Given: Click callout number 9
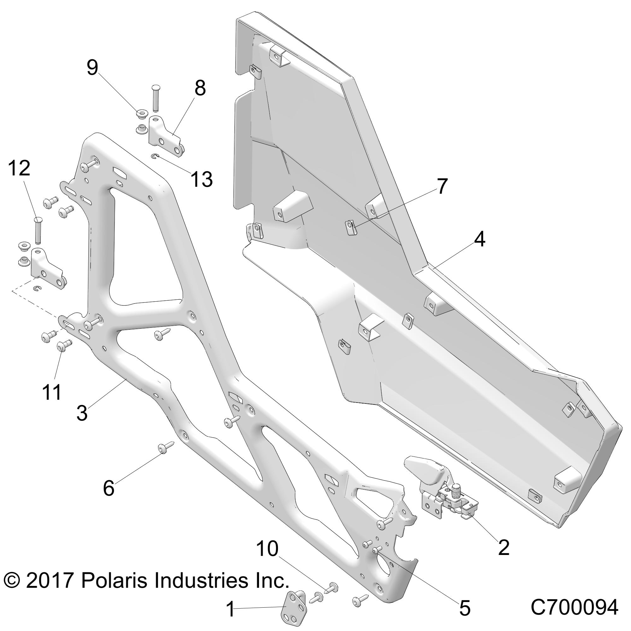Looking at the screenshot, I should [92, 68].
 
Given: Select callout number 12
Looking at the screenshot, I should [19, 168].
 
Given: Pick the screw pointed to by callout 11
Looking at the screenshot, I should [64, 345].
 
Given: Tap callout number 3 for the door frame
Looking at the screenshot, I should [82, 412].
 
